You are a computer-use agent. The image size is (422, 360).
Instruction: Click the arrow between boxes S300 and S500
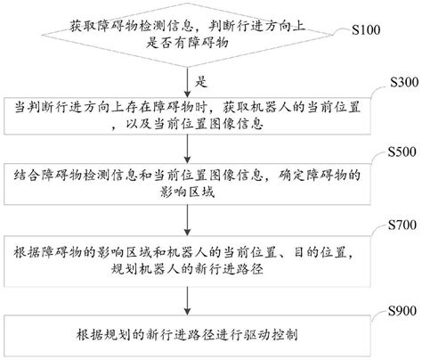tap(189, 147)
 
